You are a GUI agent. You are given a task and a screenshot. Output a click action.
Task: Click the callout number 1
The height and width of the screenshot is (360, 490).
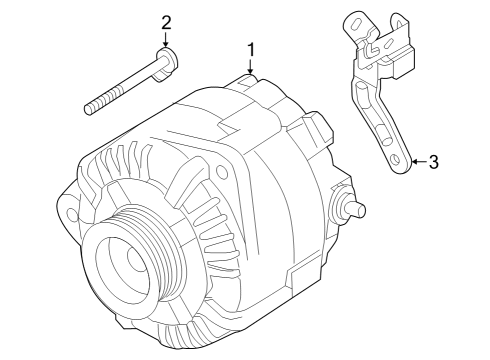pyautogui.click(x=251, y=50)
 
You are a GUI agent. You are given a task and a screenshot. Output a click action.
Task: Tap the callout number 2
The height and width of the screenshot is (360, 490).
pyautogui.click(x=166, y=23)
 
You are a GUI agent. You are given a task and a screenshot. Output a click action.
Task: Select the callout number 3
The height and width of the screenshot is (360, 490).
pyautogui.click(x=433, y=162)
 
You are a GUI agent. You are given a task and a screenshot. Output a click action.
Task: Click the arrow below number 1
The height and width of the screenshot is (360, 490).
pyautogui.click(x=250, y=66)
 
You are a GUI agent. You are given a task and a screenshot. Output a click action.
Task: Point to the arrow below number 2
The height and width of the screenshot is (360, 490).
pyautogui.click(x=166, y=39)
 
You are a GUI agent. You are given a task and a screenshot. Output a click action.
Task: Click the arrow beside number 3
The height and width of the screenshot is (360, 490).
pyautogui.click(x=419, y=162)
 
